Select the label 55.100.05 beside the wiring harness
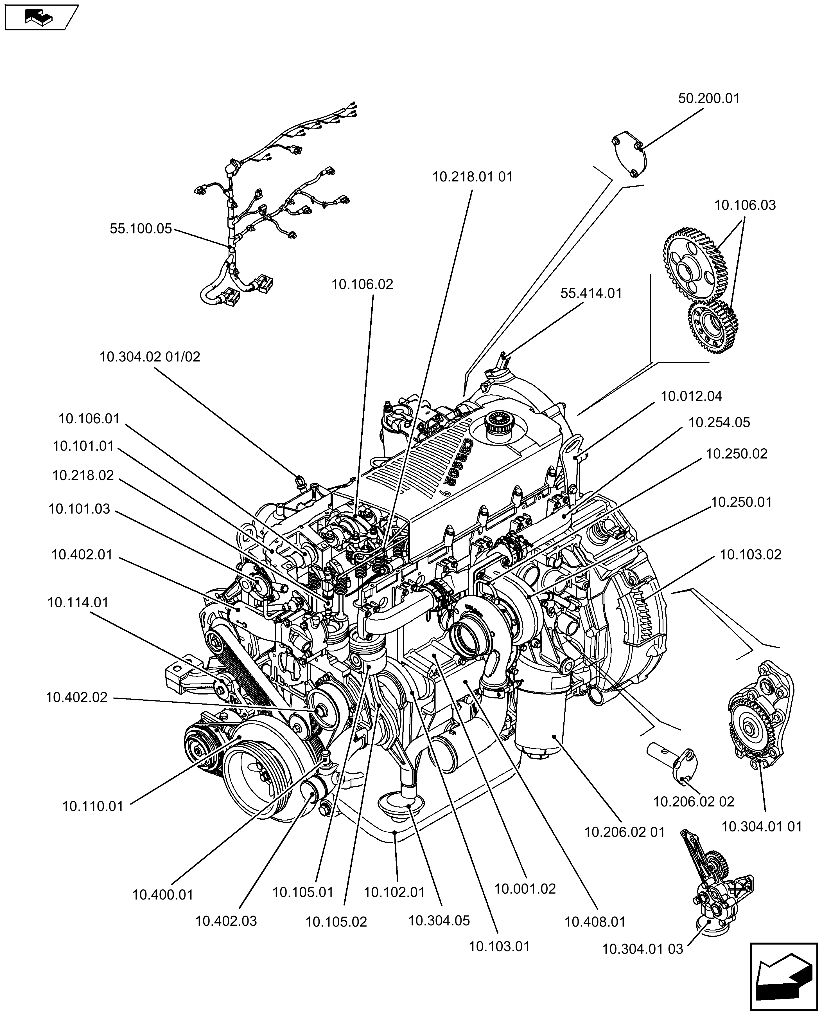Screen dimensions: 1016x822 click(141, 229)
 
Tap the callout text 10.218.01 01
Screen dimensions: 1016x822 click(472, 177)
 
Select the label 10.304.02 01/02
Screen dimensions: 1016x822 click(150, 357)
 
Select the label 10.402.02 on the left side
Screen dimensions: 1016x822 click(77, 697)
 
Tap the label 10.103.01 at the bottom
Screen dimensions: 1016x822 click(499, 946)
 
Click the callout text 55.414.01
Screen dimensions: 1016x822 click(591, 293)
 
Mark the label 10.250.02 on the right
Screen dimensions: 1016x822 click(736, 454)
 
